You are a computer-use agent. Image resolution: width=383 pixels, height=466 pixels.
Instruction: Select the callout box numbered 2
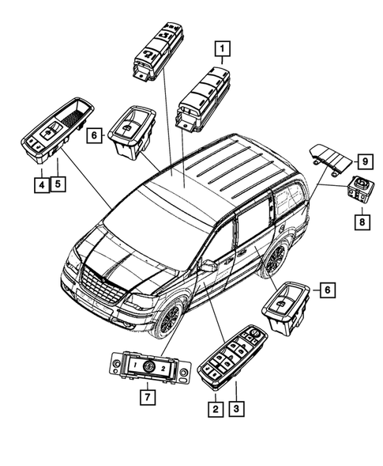214,409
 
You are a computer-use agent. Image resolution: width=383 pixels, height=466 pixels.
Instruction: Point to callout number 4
39,185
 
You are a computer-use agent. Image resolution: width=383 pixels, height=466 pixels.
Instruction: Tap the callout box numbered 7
145,398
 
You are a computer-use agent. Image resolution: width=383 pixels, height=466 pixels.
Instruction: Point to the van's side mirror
208,267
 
